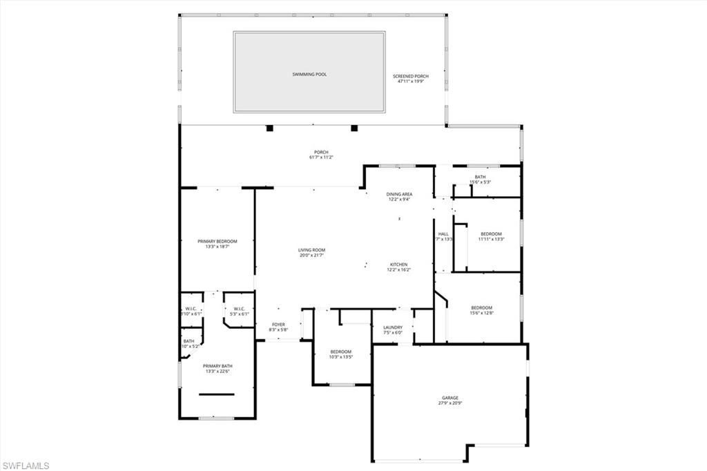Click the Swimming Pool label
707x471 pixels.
(x=309, y=74)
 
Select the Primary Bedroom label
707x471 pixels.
(x=217, y=241)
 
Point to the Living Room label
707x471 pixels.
(x=311, y=250)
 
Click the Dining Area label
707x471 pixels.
(x=399, y=194)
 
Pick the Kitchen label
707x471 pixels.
(x=398, y=265)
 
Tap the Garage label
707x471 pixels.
(x=450, y=398)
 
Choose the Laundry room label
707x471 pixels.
(x=393, y=327)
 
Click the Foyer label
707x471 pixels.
(x=278, y=324)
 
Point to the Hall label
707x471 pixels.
(x=443, y=234)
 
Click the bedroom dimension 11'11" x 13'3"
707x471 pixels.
(x=491, y=240)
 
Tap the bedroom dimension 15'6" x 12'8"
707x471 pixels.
(x=482, y=313)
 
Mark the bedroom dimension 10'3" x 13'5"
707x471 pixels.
(x=340, y=357)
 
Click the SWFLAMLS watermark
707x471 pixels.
(x=26, y=465)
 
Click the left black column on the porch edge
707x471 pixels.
(x=269, y=128)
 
